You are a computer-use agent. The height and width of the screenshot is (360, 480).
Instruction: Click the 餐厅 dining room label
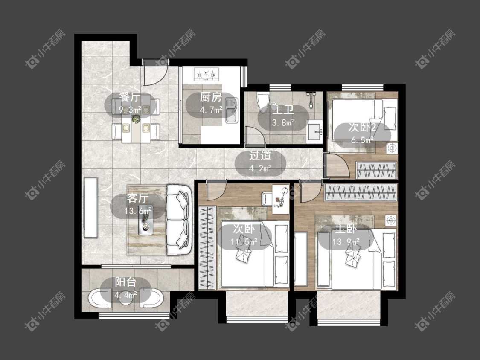tap(131, 97)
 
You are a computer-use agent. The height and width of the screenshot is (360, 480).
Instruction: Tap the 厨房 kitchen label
tap(211, 97)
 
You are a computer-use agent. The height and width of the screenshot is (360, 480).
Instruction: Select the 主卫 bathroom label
tap(283, 110)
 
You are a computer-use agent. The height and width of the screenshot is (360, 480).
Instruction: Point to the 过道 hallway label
tap(260, 156)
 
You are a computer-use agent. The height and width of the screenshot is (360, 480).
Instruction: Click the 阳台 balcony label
tap(125, 282)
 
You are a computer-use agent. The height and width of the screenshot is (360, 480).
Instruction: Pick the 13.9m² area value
tap(346, 242)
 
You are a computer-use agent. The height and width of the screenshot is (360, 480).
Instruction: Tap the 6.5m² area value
tap(362, 140)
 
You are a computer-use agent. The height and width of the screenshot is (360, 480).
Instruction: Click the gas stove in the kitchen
tap(207, 74)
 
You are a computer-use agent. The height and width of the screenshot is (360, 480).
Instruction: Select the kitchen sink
tap(231, 110)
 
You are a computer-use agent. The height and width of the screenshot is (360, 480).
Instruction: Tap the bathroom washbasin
tap(314, 132)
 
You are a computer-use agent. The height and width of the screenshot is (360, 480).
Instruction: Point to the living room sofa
tap(179, 219)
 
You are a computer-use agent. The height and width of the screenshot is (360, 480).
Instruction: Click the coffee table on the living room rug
tap(146, 221)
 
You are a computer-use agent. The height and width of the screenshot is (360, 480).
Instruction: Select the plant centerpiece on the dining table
tap(135, 119)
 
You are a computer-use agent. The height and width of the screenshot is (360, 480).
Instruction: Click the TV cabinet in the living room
tap(90, 207)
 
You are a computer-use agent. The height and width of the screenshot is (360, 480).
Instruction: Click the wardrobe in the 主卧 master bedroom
tap(361, 192)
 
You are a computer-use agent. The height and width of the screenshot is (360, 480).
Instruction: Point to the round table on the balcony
tap(125, 299)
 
